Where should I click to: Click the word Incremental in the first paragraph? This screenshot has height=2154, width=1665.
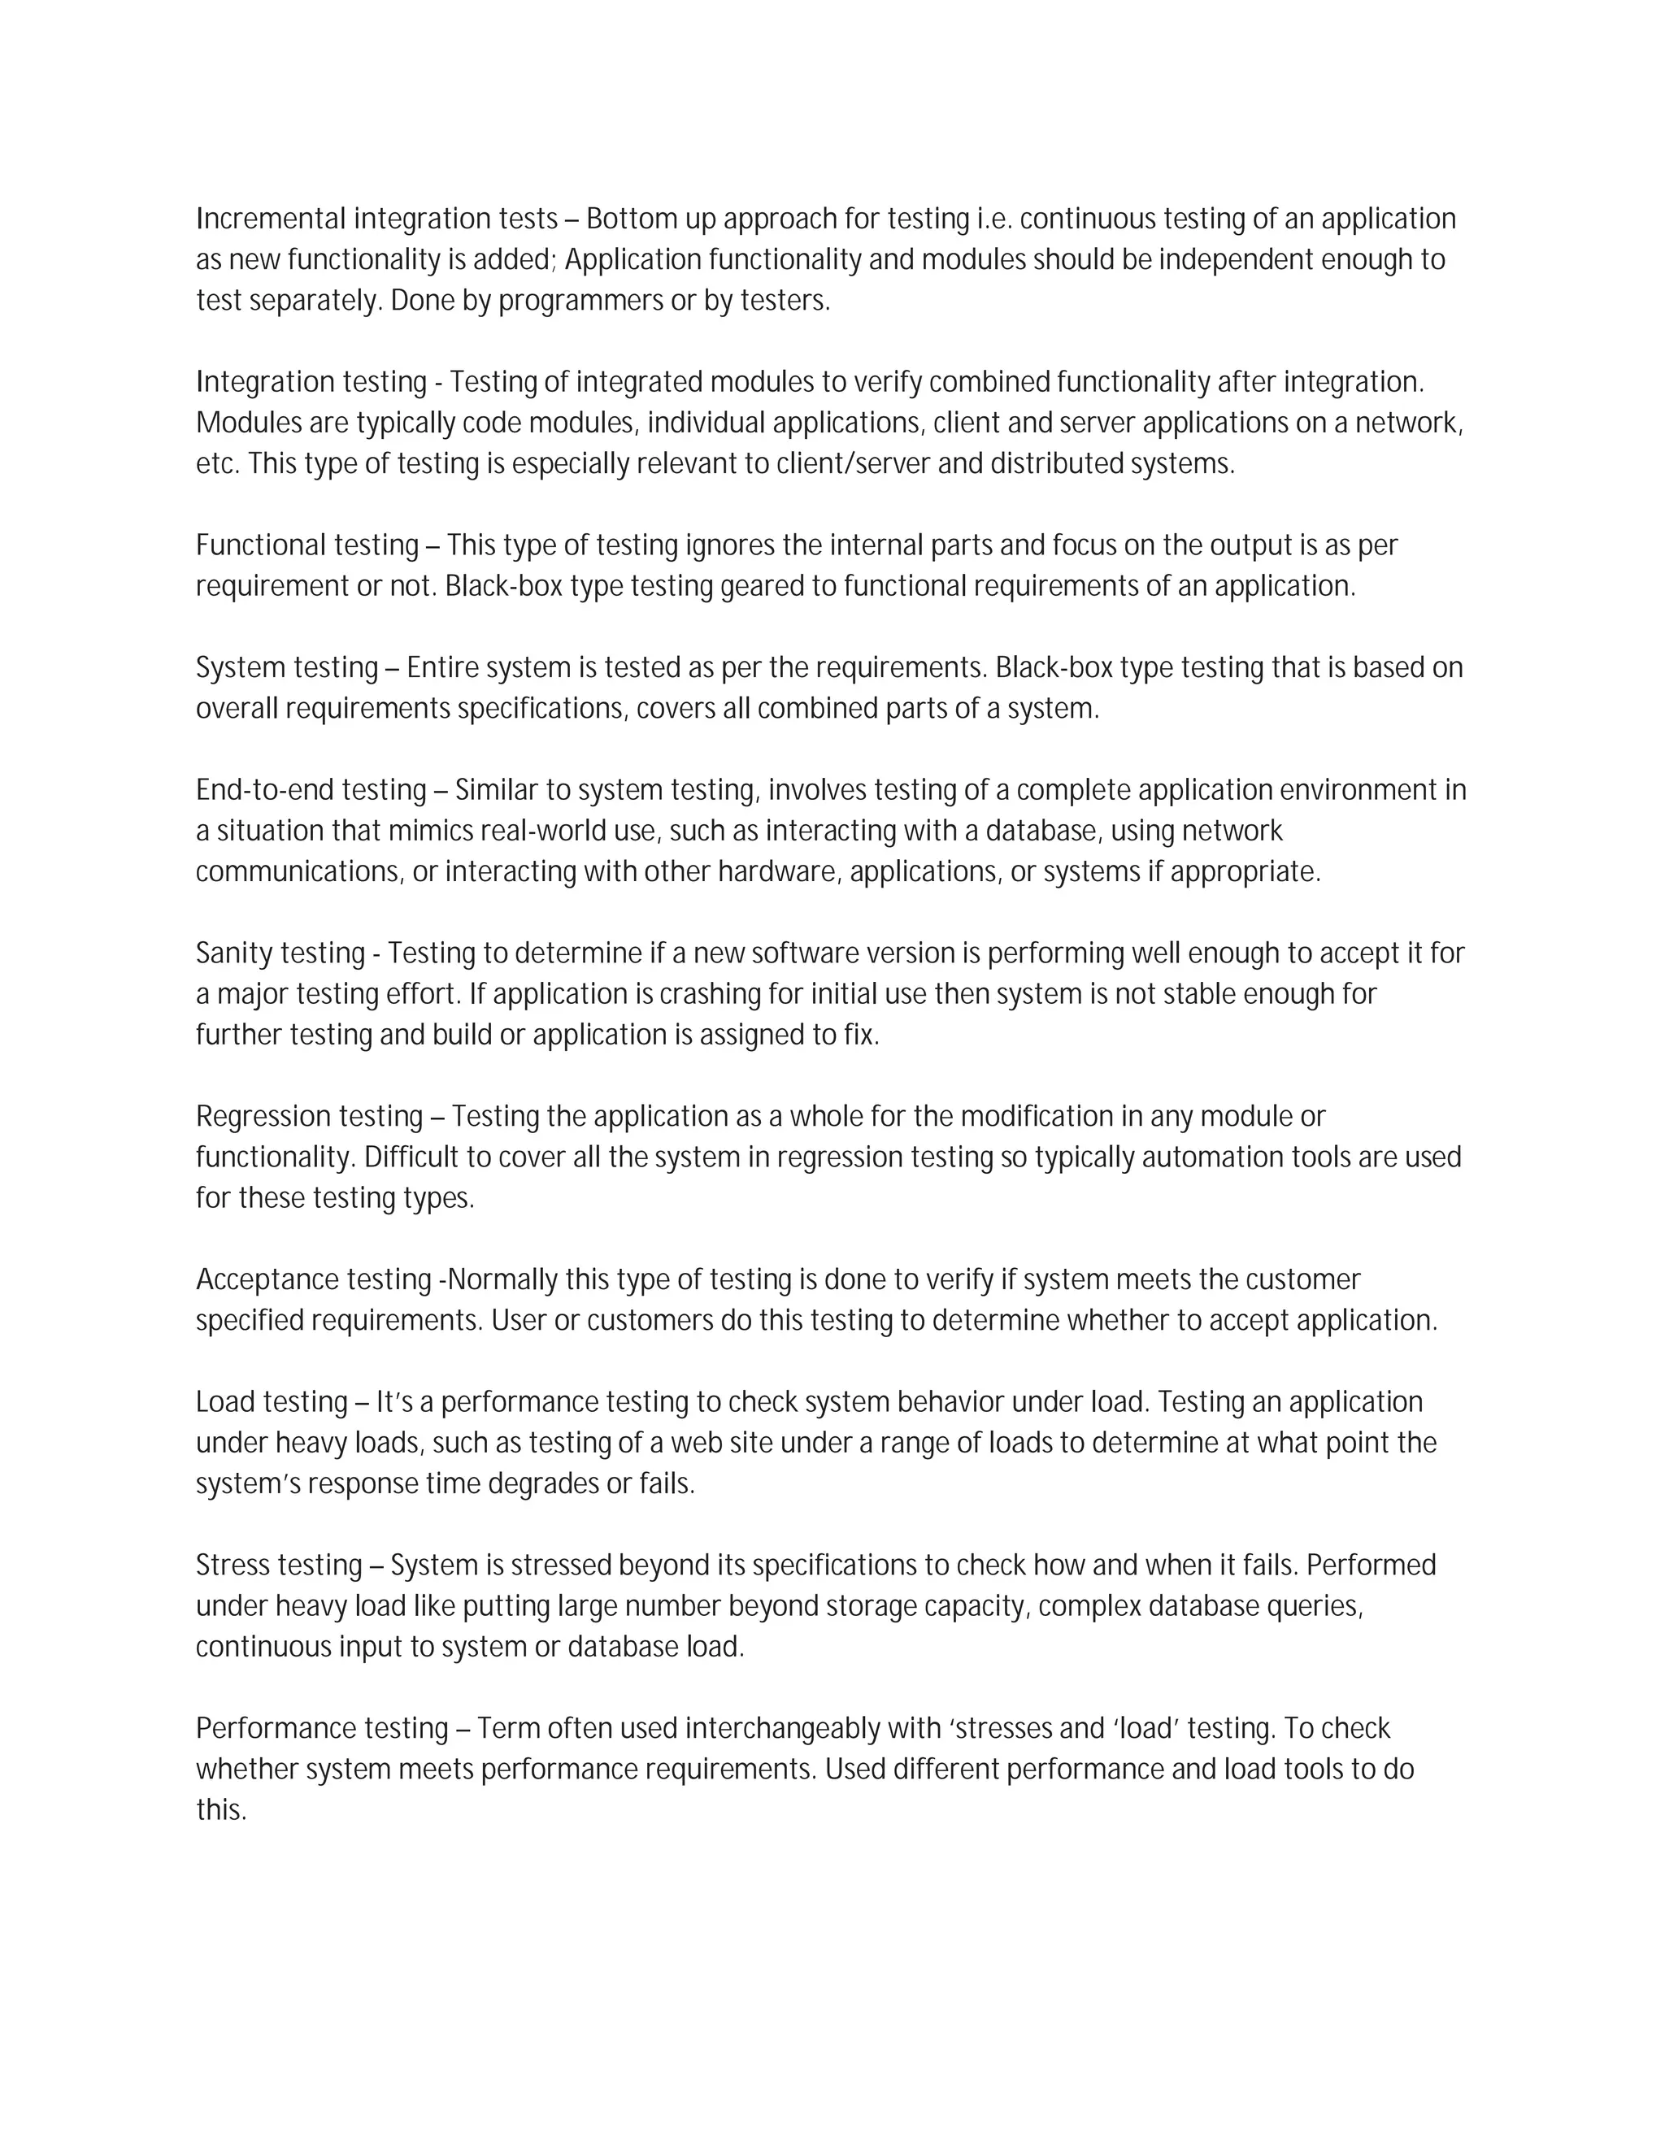(x=272, y=219)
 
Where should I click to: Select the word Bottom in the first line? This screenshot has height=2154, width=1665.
(x=629, y=219)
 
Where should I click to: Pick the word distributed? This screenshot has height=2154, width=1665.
(x=1056, y=464)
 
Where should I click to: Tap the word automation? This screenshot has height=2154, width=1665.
(x=1212, y=1157)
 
